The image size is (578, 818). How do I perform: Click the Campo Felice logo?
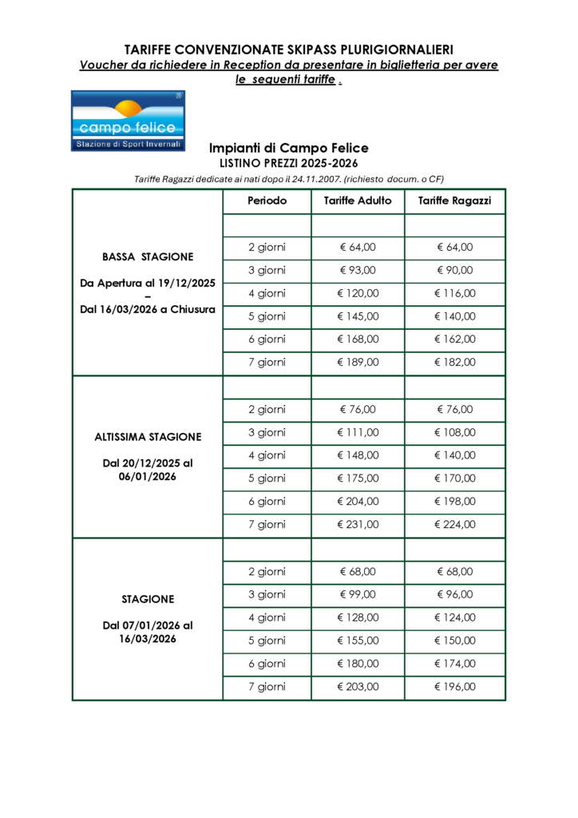128,121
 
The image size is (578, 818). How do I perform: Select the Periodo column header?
267,201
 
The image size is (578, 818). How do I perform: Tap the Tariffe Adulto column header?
358,201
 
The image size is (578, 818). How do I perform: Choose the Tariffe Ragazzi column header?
455,201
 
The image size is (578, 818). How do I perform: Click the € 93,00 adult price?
358,270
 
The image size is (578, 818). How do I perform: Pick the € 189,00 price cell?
358,363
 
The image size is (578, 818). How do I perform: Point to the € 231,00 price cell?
358,525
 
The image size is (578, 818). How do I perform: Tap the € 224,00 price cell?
455,525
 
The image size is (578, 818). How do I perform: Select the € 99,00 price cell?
358,594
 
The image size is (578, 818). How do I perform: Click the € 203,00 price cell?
358,687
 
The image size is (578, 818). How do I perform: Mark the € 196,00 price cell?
455,687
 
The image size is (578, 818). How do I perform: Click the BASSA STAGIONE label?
148,257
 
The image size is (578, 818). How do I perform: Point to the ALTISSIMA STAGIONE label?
148,437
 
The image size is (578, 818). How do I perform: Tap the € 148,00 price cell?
358,455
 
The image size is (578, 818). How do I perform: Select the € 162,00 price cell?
455,340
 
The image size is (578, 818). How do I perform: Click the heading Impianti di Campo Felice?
288,148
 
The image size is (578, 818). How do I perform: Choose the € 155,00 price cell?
358,641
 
